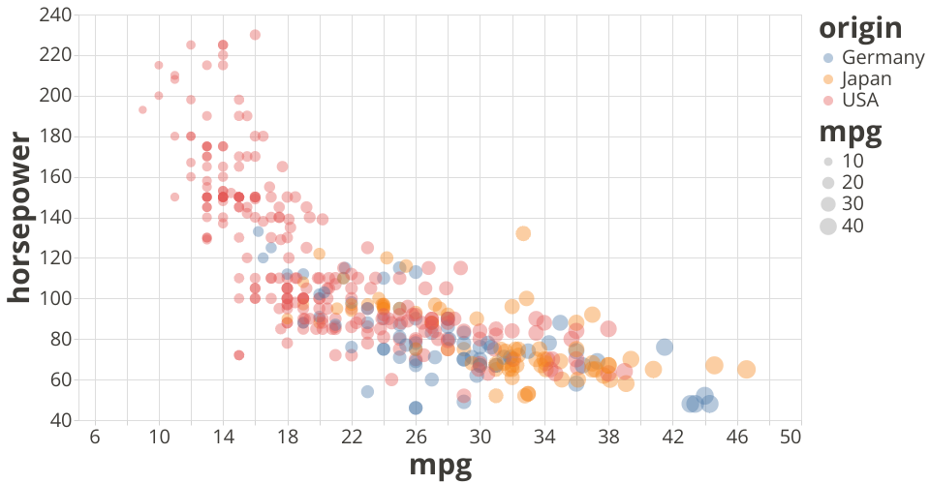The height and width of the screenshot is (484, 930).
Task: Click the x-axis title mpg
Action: (x=441, y=466)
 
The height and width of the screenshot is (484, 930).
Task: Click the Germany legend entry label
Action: (x=883, y=57)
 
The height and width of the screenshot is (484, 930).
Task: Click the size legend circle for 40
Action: (x=828, y=227)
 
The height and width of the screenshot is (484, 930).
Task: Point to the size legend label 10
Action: (x=852, y=160)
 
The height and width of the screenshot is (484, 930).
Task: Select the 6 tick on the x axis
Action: (x=95, y=437)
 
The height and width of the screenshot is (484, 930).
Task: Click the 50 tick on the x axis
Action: (x=790, y=437)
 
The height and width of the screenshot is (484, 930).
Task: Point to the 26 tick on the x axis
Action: (x=416, y=437)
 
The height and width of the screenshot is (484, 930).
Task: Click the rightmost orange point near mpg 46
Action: (x=747, y=369)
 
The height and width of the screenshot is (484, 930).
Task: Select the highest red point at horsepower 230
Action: (x=255, y=35)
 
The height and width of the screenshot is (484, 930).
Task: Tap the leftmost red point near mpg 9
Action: (x=142, y=109)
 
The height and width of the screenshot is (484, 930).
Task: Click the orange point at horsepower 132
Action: (x=523, y=233)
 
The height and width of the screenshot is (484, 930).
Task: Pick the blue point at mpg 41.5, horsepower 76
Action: (x=665, y=347)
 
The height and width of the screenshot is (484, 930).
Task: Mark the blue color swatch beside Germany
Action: (x=828, y=57)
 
